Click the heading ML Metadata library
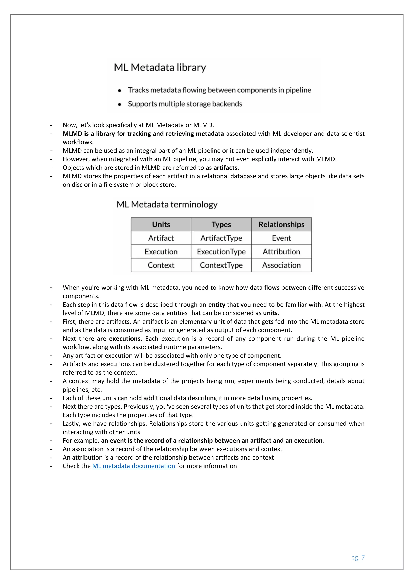pos(160,67)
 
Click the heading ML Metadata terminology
pos(167,204)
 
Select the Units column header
pos(161,224)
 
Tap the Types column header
pos(221,224)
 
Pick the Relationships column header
pos(281,224)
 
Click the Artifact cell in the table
pos(161,238)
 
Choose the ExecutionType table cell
pos(221,252)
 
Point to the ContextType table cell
pos(221,265)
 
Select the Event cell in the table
pos(281,238)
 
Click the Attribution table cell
pos(281,252)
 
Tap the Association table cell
pos(281,265)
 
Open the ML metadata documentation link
pos(134,466)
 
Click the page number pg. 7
pos(358,557)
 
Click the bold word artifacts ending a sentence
pos(225,168)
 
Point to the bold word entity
pos(216,305)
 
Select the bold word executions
pos(125,339)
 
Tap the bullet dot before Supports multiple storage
pos(119,104)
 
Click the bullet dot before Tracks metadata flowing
pos(119,91)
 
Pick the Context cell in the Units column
pos(161,265)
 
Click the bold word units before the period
pos(270,313)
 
